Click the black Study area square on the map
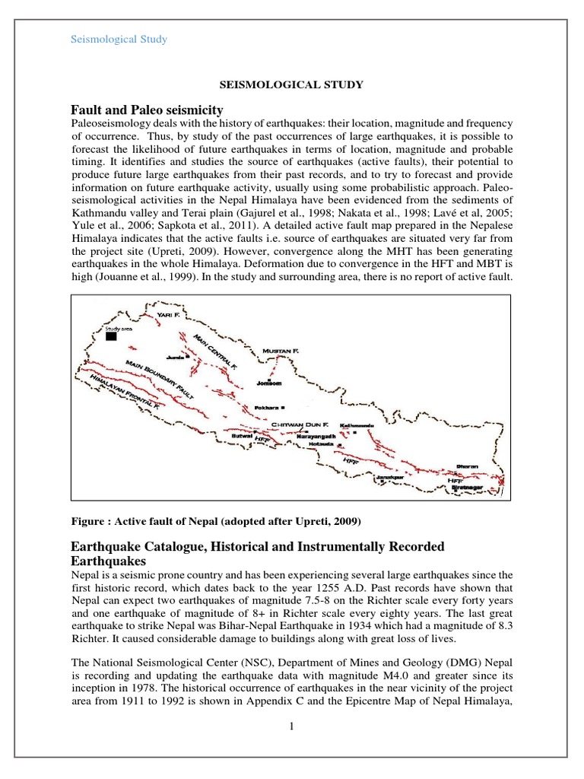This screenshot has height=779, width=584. [112, 335]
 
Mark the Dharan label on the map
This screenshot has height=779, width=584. [467, 465]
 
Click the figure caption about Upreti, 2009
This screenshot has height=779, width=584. [214, 521]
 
